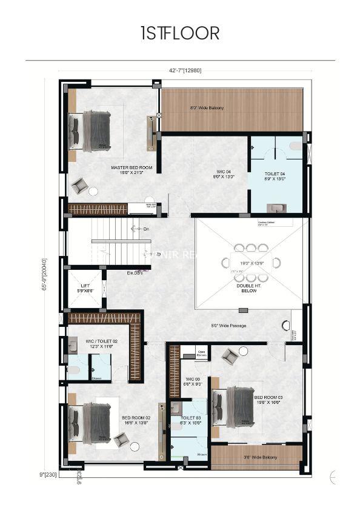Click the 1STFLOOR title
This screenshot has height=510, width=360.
(179, 34)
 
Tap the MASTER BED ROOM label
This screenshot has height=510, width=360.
(132, 167)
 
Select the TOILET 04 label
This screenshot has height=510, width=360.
(275, 173)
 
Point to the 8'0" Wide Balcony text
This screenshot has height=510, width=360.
(207, 108)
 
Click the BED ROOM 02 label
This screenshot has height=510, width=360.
(135, 418)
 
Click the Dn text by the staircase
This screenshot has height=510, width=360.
(145, 229)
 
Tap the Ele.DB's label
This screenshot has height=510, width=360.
(135, 273)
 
